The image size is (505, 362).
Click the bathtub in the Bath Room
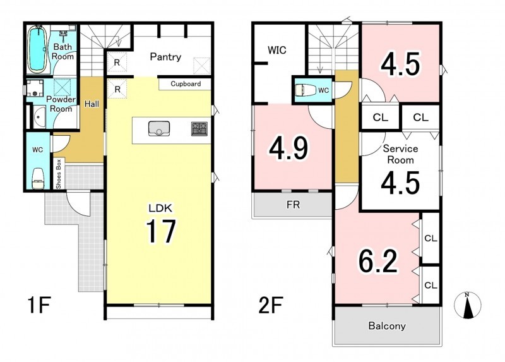pyautogui.click(x=38, y=49)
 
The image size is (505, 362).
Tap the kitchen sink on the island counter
pyautogui.click(x=159, y=129)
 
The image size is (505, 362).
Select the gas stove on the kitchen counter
pyautogui.click(x=199, y=129)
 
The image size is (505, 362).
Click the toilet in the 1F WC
pyautogui.click(x=37, y=178)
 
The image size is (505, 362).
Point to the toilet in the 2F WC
pyautogui.click(x=304, y=90)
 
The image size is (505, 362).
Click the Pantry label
pyautogui.click(x=165, y=57)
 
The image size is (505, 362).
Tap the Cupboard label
pyautogui.click(x=186, y=84)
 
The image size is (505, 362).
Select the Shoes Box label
pyautogui.click(x=59, y=174)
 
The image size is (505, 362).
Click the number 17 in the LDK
pyautogui.click(x=161, y=231)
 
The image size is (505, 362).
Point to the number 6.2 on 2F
pyautogui.click(x=378, y=260)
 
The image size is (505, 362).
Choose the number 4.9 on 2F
pyautogui.click(x=289, y=148)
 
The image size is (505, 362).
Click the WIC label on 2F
pyautogui.click(x=277, y=51)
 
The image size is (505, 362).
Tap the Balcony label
pyautogui.click(x=387, y=326)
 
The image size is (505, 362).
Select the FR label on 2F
pyautogui.click(x=294, y=205)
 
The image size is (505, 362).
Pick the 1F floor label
pyautogui.click(x=39, y=305)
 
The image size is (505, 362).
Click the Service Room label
pyautogui.click(x=400, y=154)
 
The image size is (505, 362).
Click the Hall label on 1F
pyautogui.click(x=92, y=104)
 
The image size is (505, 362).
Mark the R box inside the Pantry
pyautogui.click(x=117, y=63)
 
